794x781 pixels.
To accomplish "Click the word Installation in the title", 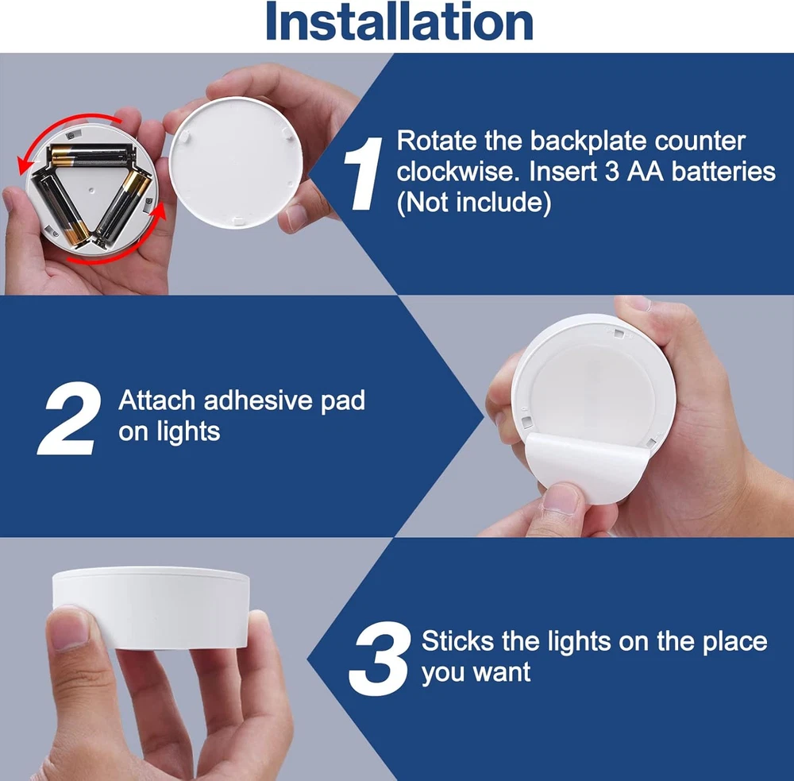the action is [399, 21].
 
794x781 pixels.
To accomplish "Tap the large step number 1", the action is [363, 173].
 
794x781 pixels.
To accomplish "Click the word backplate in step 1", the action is [588, 141].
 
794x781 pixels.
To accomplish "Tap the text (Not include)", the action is [474, 203].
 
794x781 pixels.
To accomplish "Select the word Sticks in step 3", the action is [458, 641].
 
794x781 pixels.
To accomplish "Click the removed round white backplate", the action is [236, 162].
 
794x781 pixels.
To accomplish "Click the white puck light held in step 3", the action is [151, 607].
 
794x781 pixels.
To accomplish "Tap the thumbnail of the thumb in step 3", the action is [71, 629].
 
